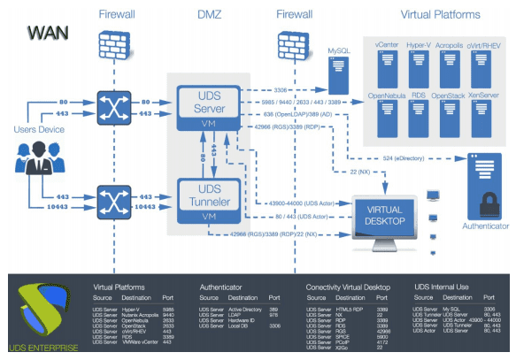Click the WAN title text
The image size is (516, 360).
[x=46, y=32]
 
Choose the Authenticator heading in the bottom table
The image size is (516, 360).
[x=227, y=287]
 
